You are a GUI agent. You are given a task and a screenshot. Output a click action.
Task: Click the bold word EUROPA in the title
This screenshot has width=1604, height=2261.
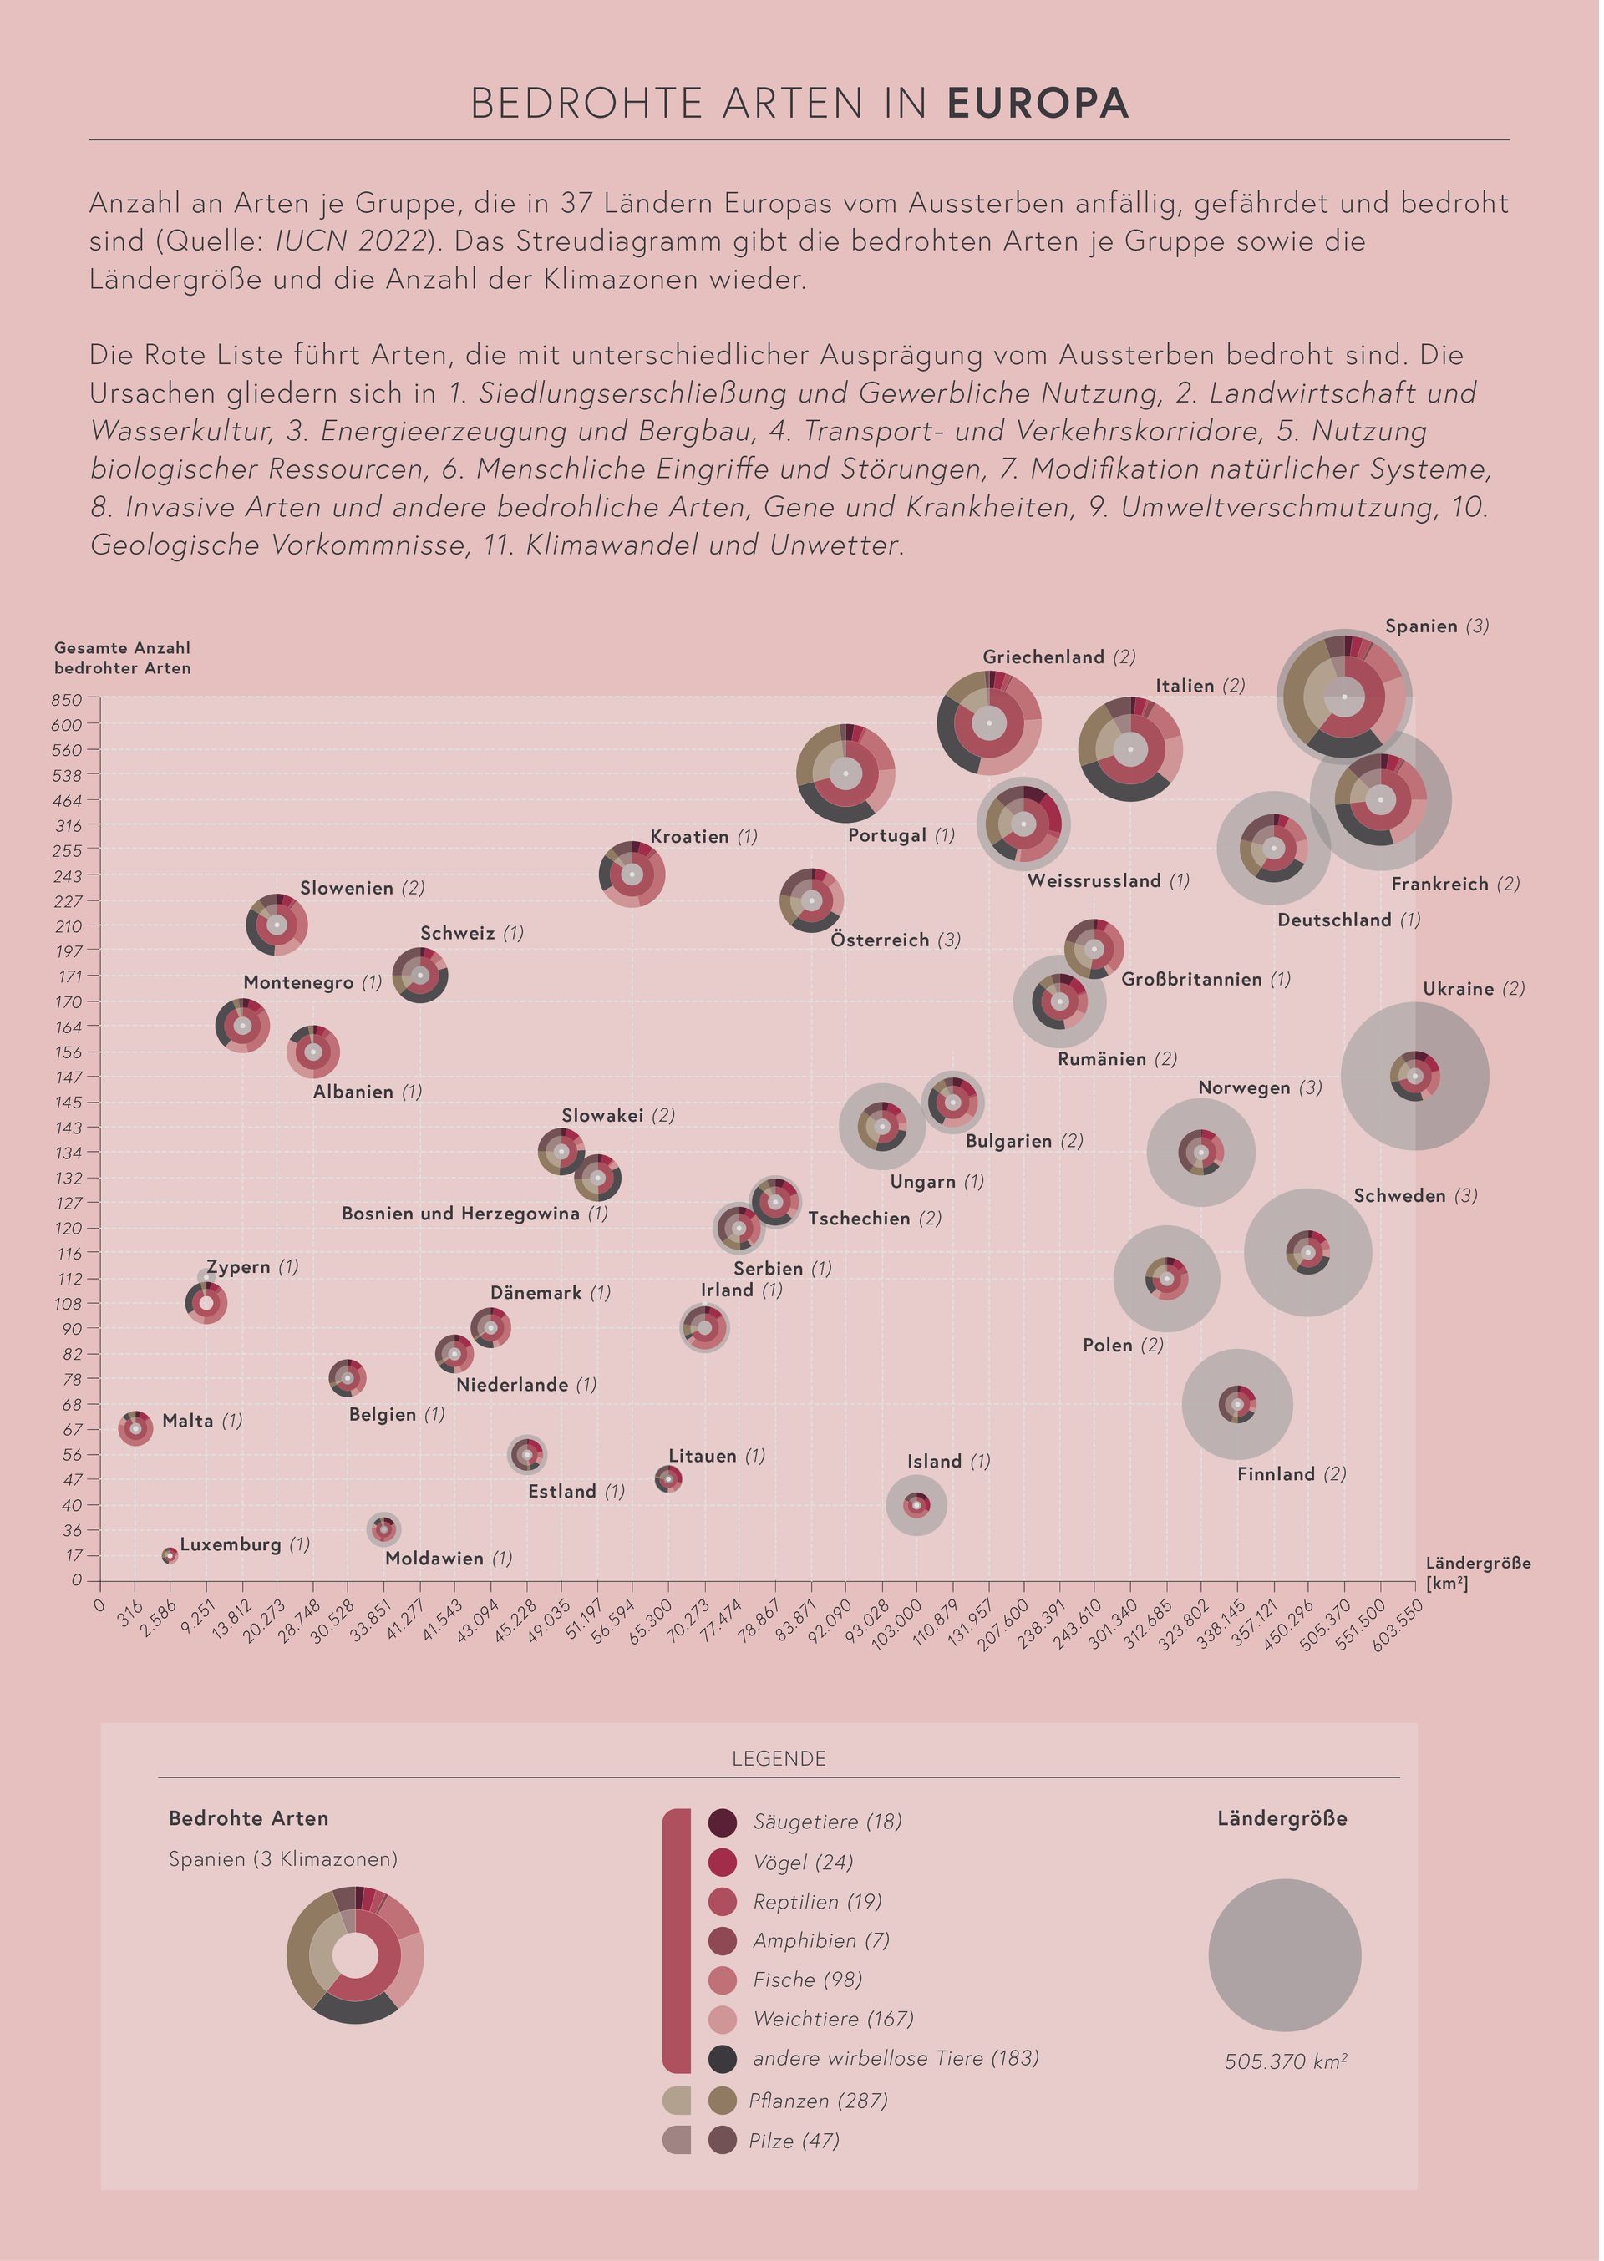pyautogui.click(x=1039, y=104)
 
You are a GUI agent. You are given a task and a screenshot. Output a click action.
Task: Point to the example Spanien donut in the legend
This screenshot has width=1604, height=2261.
pyautogui.click(x=356, y=1956)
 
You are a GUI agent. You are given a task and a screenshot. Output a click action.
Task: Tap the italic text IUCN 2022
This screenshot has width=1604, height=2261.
pyautogui.click(x=356, y=241)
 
